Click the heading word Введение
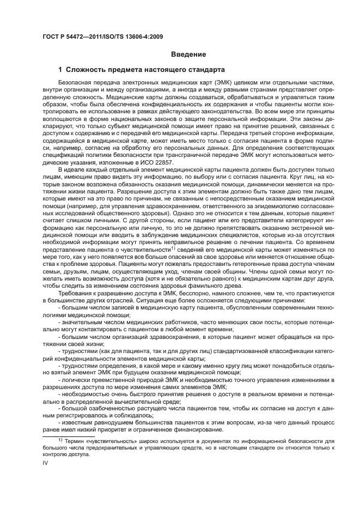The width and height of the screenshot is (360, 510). click(188, 54)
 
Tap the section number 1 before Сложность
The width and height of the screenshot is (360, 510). click(61, 70)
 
